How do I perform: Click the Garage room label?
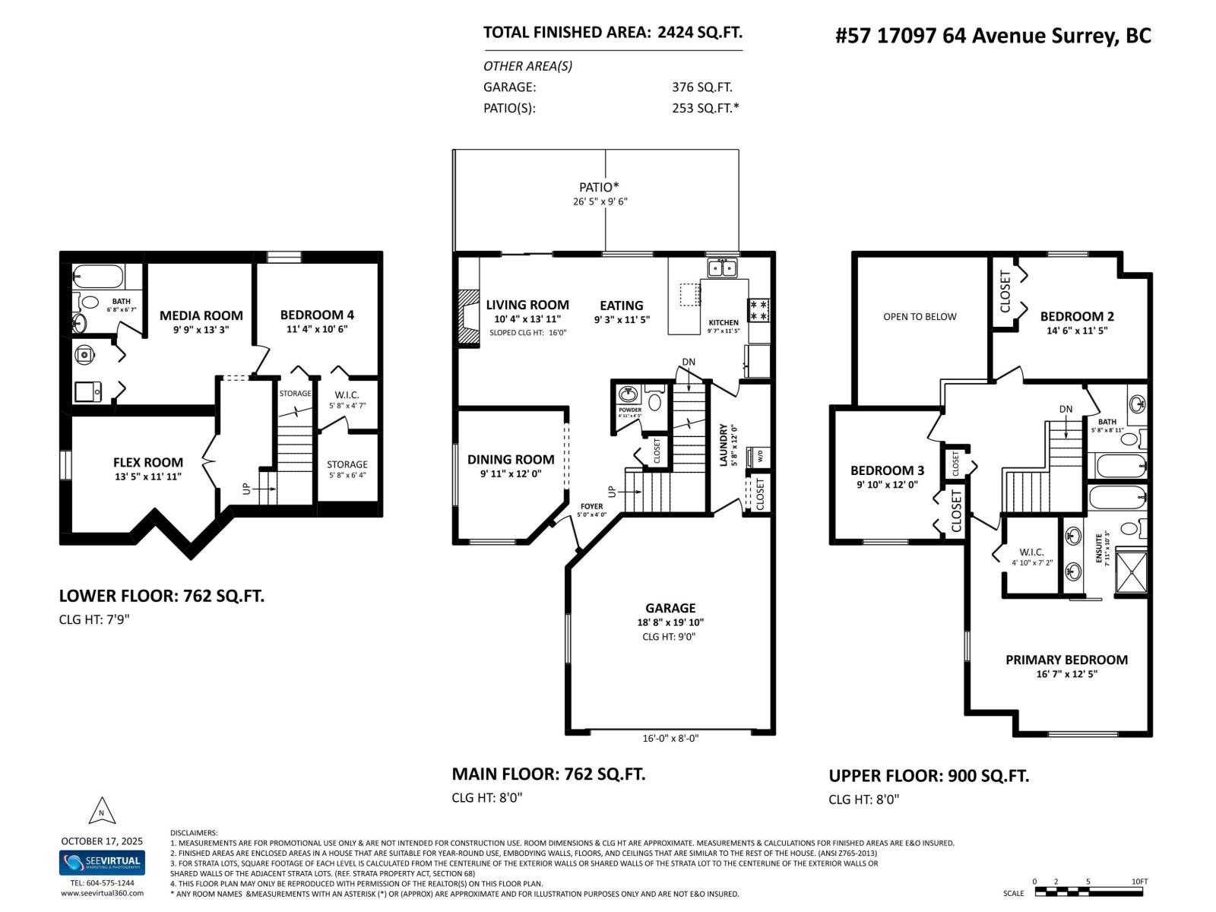pyautogui.click(x=670, y=608)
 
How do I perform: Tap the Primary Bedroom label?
pyautogui.click(x=1066, y=660)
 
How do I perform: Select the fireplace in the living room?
pyautogui.click(x=469, y=313)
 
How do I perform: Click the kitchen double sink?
pyautogui.click(x=722, y=268)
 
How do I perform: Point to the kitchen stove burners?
pyautogui.click(x=758, y=310)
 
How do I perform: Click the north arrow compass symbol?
pyautogui.click(x=102, y=812)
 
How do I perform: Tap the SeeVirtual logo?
pyautogui.click(x=102, y=863)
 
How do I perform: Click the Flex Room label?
pyautogui.click(x=148, y=462)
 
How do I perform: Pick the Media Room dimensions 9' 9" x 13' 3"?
pyautogui.click(x=201, y=330)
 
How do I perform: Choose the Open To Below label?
pyautogui.click(x=920, y=317)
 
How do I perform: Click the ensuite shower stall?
pyautogui.click(x=1131, y=571)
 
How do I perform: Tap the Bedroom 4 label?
pyautogui.click(x=317, y=315)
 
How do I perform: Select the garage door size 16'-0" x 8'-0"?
pyautogui.click(x=670, y=738)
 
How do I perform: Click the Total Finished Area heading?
pyautogui.click(x=613, y=33)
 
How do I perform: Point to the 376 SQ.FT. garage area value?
pyautogui.click(x=701, y=87)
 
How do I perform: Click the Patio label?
pyautogui.click(x=599, y=187)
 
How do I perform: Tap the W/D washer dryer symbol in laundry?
pyautogui.click(x=758, y=457)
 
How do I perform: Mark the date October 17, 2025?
pyautogui.click(x=102, y=841)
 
